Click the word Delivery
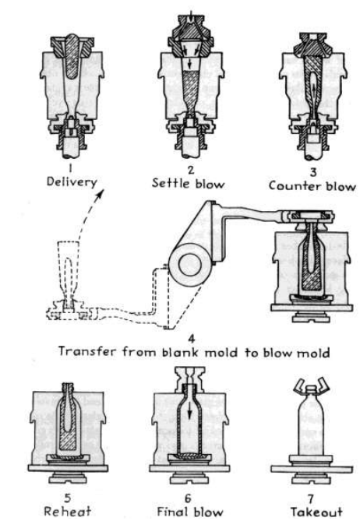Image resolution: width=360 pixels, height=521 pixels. [x=72, y=182]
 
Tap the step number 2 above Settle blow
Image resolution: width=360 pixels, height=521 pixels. [x=190, y=170]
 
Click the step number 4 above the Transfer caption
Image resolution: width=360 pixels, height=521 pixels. [x=191, y=339]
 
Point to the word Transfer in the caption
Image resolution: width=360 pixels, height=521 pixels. [x=87, y=351]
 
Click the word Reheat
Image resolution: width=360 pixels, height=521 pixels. [x=68, y=511]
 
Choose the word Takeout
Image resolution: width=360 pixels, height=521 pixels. [x=316, y=512]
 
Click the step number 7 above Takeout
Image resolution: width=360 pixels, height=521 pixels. [x=310, y=498]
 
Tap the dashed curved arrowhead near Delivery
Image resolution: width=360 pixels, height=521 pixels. [x=100, y=194]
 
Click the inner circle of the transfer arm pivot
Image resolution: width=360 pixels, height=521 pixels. [x=190, y=265]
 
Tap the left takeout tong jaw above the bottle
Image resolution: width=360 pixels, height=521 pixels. [x=300, y=385]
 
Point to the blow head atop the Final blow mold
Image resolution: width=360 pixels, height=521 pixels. [x=189, y=378]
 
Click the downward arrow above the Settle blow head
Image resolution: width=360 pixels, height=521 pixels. [x=190, y=16]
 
